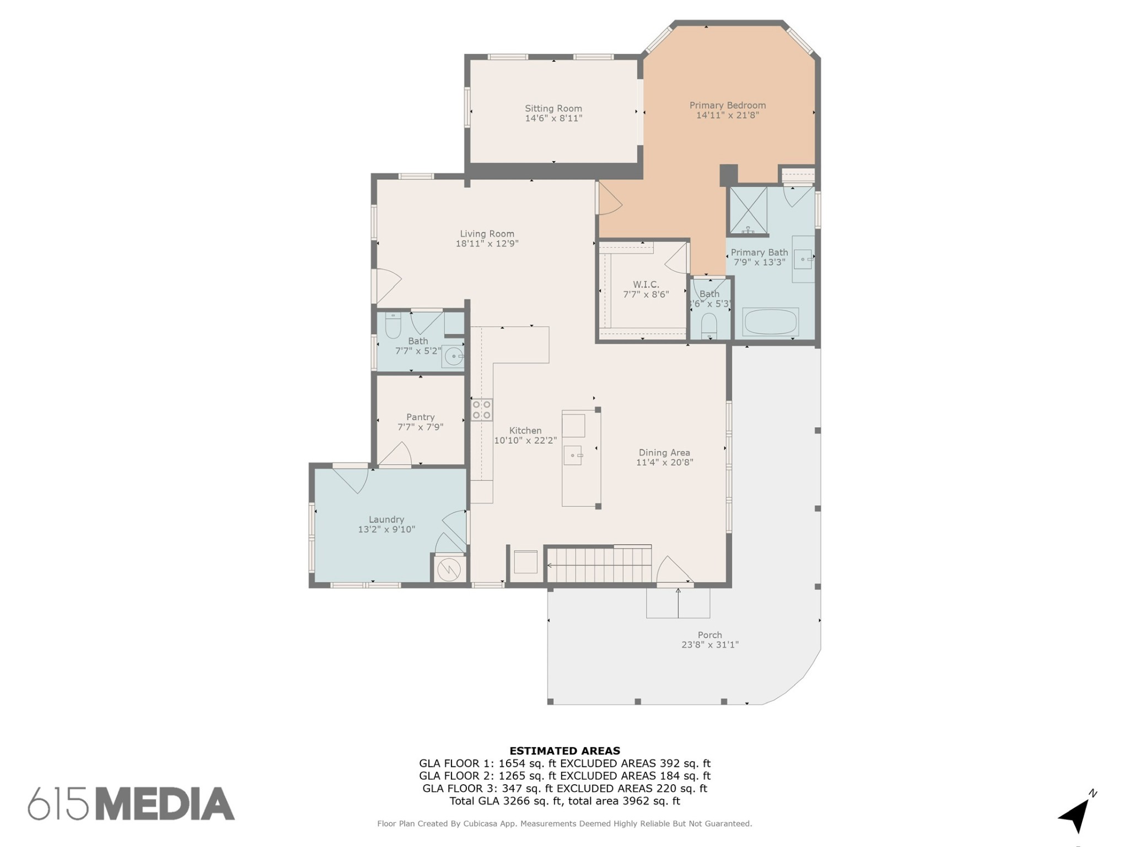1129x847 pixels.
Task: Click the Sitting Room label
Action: tap(553, 109)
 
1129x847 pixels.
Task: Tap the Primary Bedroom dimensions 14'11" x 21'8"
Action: tap(728, 115)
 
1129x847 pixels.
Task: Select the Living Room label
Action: tap(487, 234)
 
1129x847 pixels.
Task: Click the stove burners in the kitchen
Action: tap(481, 410)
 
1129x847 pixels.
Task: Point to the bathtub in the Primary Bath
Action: tap(770, 321)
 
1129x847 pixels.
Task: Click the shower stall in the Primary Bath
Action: tap(748, 210)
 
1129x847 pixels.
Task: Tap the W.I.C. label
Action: tap(646, 285)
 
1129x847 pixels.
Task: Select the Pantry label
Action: tap(421, 417)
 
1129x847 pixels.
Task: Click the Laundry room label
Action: tap(386, 519)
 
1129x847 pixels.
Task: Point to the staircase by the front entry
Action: tap(599, 565)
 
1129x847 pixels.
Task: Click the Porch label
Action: tap(709, 635)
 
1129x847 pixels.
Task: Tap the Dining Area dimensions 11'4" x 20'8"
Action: tap(664, 463)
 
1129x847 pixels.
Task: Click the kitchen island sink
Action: tap(573, 455)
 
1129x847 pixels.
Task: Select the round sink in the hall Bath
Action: tap(454, 356)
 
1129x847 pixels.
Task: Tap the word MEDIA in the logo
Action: tap(165, 803)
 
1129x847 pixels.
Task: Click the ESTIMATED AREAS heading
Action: tap(564, 750)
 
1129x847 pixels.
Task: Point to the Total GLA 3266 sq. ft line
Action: tap(564, 801)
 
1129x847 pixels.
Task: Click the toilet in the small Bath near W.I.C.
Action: tap(709, 325)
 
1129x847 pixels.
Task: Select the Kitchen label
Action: tap(525, 431)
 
